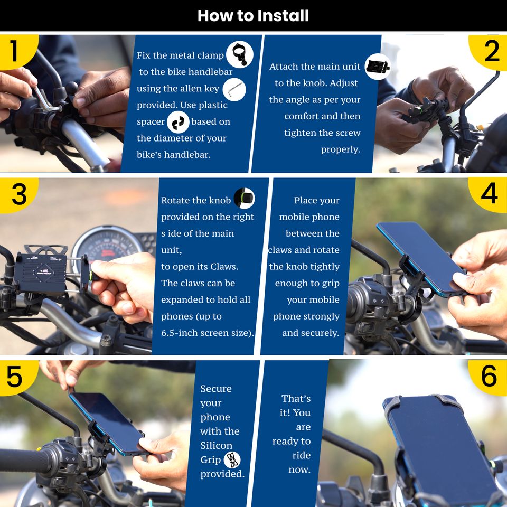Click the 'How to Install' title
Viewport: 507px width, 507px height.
[x=253, y=15]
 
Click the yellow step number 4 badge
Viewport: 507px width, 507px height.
[x=489, y=194]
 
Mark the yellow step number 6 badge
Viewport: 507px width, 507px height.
[x=489, y=377]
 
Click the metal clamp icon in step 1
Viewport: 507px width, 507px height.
[x=240, y=54]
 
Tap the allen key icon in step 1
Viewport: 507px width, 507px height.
[x=234, y=90]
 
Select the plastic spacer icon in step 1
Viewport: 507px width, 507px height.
[x=178, y=122]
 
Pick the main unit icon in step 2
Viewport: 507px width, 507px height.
[x=377, y=67]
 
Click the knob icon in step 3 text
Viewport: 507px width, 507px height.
[x=245, y=198]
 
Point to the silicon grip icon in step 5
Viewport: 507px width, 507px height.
[x=232, y=460]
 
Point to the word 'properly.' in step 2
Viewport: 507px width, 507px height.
[x=341, y=149]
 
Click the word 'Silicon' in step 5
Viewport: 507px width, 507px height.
[x=217, y=446]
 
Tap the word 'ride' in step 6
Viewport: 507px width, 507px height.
[x=302, y=455]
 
